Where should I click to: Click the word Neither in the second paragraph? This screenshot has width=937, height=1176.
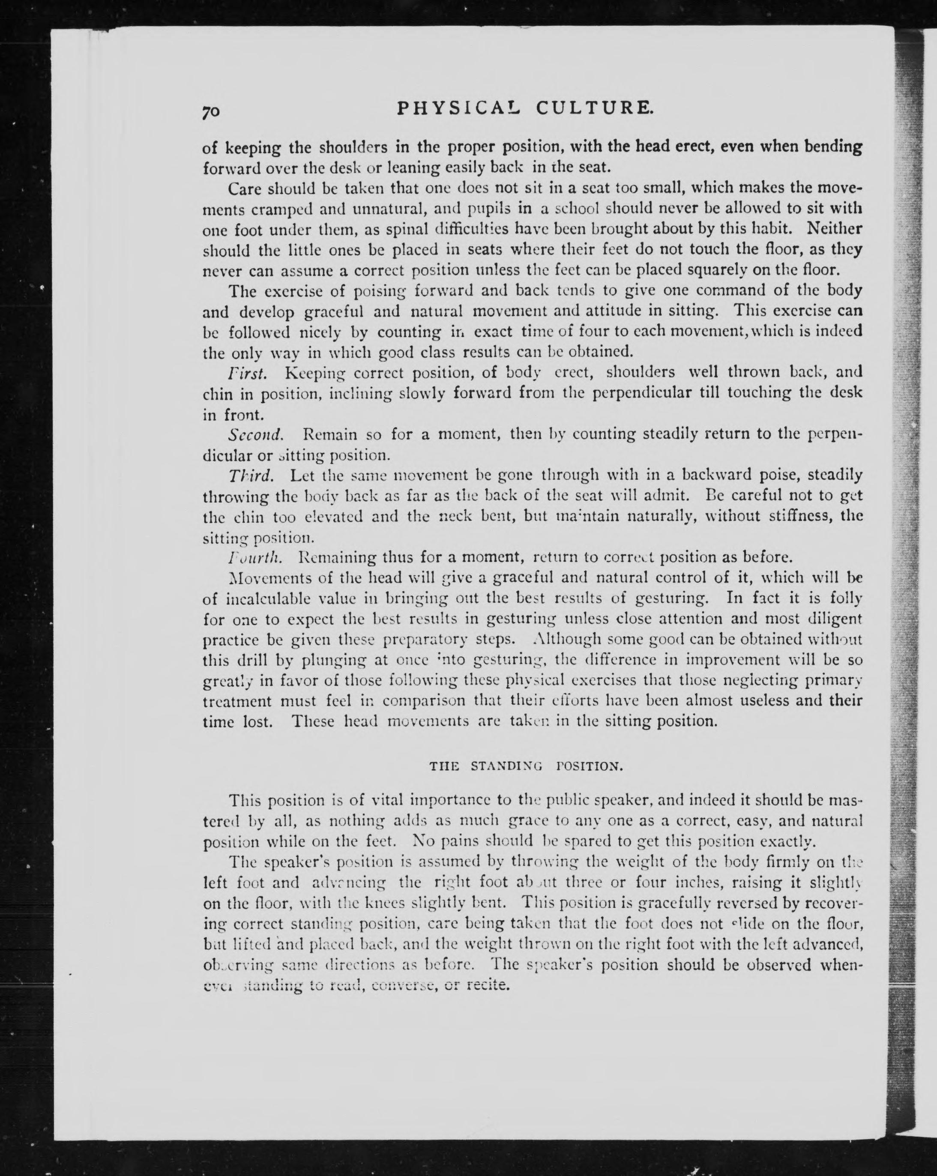coord(834,229)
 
